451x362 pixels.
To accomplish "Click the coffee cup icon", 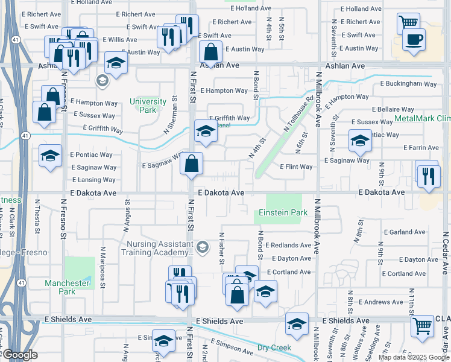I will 414,40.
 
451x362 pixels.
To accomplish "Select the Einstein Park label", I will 283,212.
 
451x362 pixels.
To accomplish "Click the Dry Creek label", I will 274,348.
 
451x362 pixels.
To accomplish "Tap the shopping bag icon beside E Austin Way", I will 210,51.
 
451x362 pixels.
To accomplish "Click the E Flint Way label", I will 296,167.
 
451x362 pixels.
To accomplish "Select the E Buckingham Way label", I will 408,84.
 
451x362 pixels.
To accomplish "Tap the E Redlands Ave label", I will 291,245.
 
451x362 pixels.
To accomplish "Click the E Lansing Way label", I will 93,180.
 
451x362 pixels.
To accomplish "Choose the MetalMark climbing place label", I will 422,118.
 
